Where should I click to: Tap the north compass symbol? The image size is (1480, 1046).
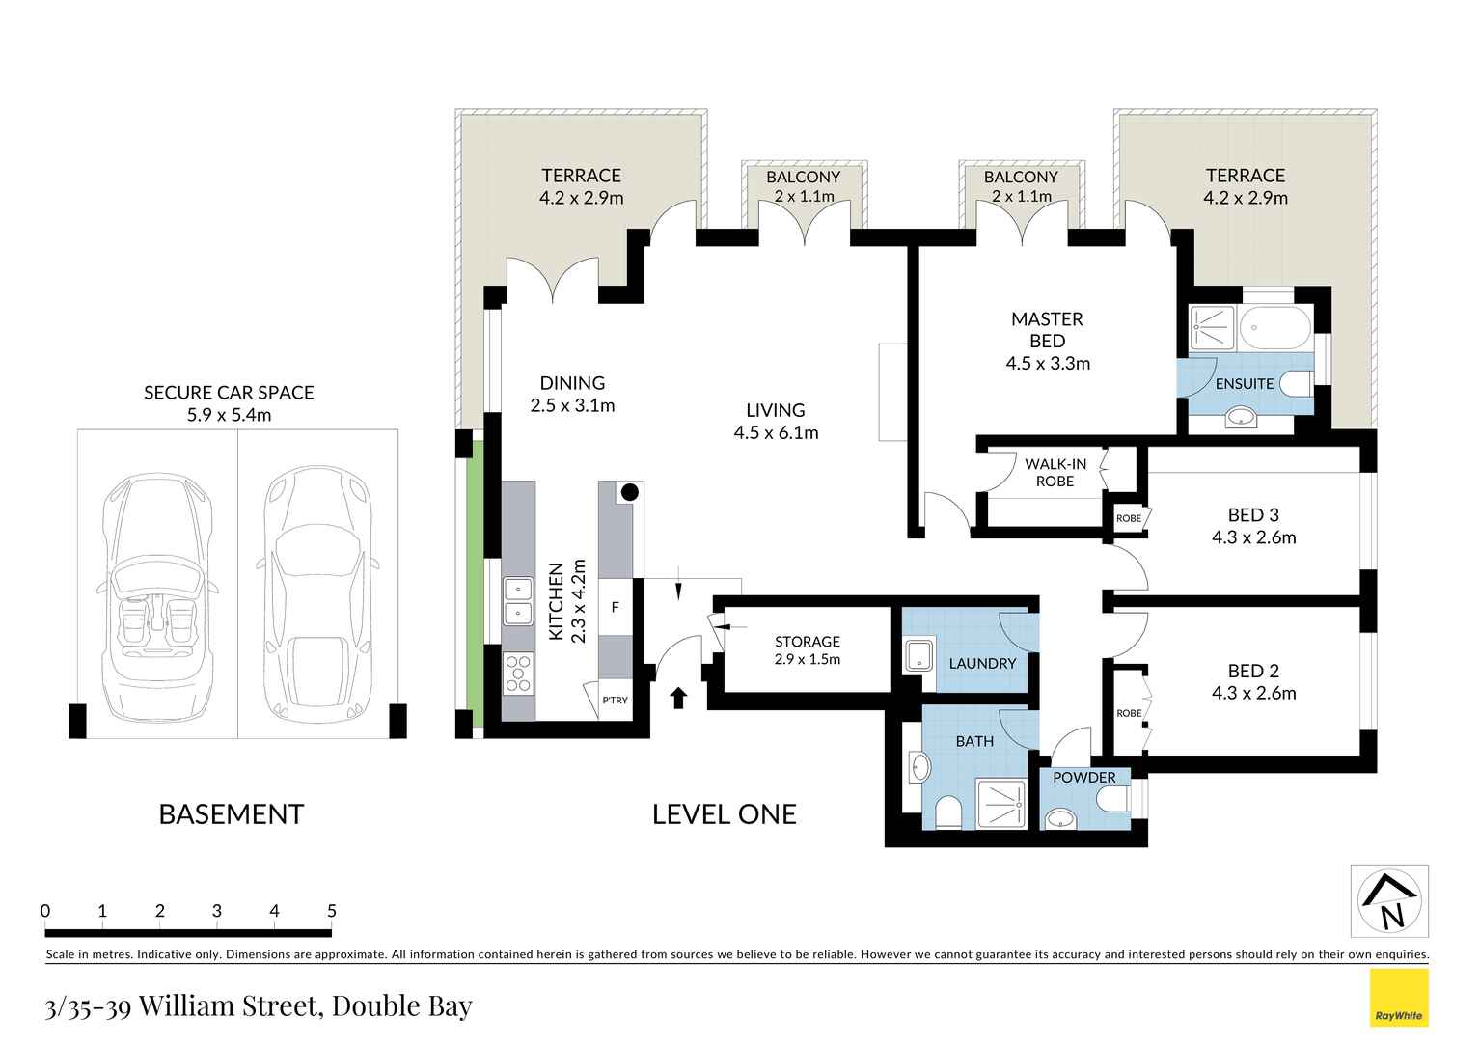[1388, 900]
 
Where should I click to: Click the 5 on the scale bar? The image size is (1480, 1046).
[332, 911]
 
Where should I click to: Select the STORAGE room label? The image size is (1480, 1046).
[808, 641]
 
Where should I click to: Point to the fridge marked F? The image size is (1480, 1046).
[616, 607]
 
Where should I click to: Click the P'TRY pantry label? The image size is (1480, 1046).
[616, 701]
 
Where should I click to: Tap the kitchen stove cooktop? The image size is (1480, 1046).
[519, 674]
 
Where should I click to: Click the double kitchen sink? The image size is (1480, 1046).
[519, 601]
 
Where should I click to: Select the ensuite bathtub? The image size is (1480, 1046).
[1275, 327]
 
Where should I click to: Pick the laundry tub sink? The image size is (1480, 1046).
[919, 654]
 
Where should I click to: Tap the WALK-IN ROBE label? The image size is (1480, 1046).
[1055, 473]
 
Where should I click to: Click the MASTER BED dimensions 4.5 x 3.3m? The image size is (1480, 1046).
[1048, 364]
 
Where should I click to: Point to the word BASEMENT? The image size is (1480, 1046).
[232, 814]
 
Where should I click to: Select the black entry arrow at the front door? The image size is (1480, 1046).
[678, 698]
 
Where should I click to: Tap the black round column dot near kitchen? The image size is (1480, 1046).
[630, 492]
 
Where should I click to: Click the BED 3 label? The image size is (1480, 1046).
[1253, 514]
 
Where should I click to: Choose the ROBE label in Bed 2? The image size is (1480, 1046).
[1129, 714]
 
